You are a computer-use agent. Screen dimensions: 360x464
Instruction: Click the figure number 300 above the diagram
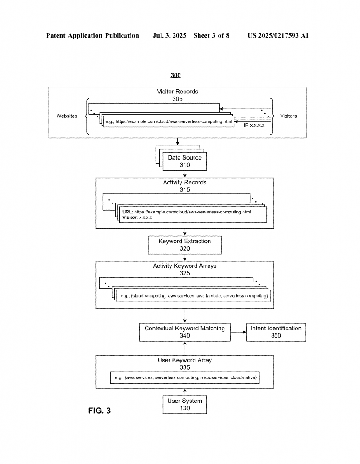(175, 75)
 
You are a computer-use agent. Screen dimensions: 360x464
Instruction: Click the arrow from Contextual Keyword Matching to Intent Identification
(238, 332)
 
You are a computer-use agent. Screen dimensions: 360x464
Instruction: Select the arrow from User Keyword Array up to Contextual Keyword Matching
(185, 348)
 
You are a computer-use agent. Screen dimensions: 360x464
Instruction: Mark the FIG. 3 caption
(99, 411)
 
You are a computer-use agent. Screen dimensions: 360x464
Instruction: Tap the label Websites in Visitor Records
(67, 116)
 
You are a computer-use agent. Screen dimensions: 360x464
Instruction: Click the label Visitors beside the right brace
(288, 116)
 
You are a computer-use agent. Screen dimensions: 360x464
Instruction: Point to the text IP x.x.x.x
(254, 125)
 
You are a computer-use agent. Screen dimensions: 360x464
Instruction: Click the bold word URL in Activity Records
(127, 212)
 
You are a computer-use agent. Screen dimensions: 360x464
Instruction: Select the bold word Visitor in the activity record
(130, 217)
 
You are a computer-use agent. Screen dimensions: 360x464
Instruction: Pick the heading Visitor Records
(177, 92)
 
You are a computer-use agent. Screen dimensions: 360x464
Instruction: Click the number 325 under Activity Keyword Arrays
(185, 273)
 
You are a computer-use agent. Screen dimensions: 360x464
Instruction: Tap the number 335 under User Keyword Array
(185, 367)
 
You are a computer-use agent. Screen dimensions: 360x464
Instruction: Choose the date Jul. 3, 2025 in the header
(169, 35)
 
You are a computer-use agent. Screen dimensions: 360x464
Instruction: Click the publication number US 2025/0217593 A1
(278, 35)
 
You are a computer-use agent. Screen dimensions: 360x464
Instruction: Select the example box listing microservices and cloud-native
(185, 377)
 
